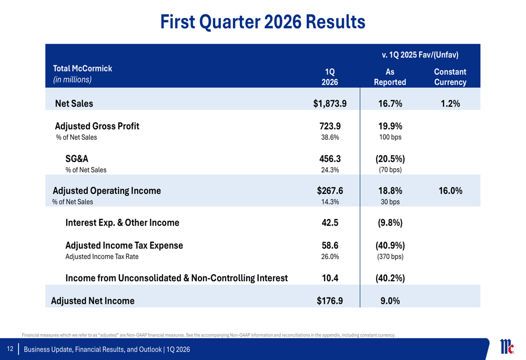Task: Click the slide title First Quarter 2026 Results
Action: [x=262, y=22]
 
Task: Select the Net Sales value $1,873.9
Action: [x=329, y=104]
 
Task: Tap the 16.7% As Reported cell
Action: [x=390, y=104]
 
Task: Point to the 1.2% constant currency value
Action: [x=450, y=104]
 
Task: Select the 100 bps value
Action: [x=390, y=137]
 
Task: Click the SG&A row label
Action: [x=77, y=158]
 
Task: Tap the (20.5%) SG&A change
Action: [x=390, y=158]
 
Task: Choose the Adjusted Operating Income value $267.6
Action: [x=330, y=191]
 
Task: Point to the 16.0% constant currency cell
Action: [x=450, y=191]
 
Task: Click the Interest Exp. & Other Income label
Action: [x=122, y=222]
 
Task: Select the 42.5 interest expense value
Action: [x=330, y=222]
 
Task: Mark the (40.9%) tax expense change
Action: [x=390, y=245]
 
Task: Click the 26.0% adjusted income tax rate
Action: [x=330, y=257]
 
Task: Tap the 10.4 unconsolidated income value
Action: [x=330, y=278]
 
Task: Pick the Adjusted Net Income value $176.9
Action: [x=330, y=301]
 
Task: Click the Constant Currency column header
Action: [x=450, y=77]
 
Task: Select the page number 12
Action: [x=10, y=349]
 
